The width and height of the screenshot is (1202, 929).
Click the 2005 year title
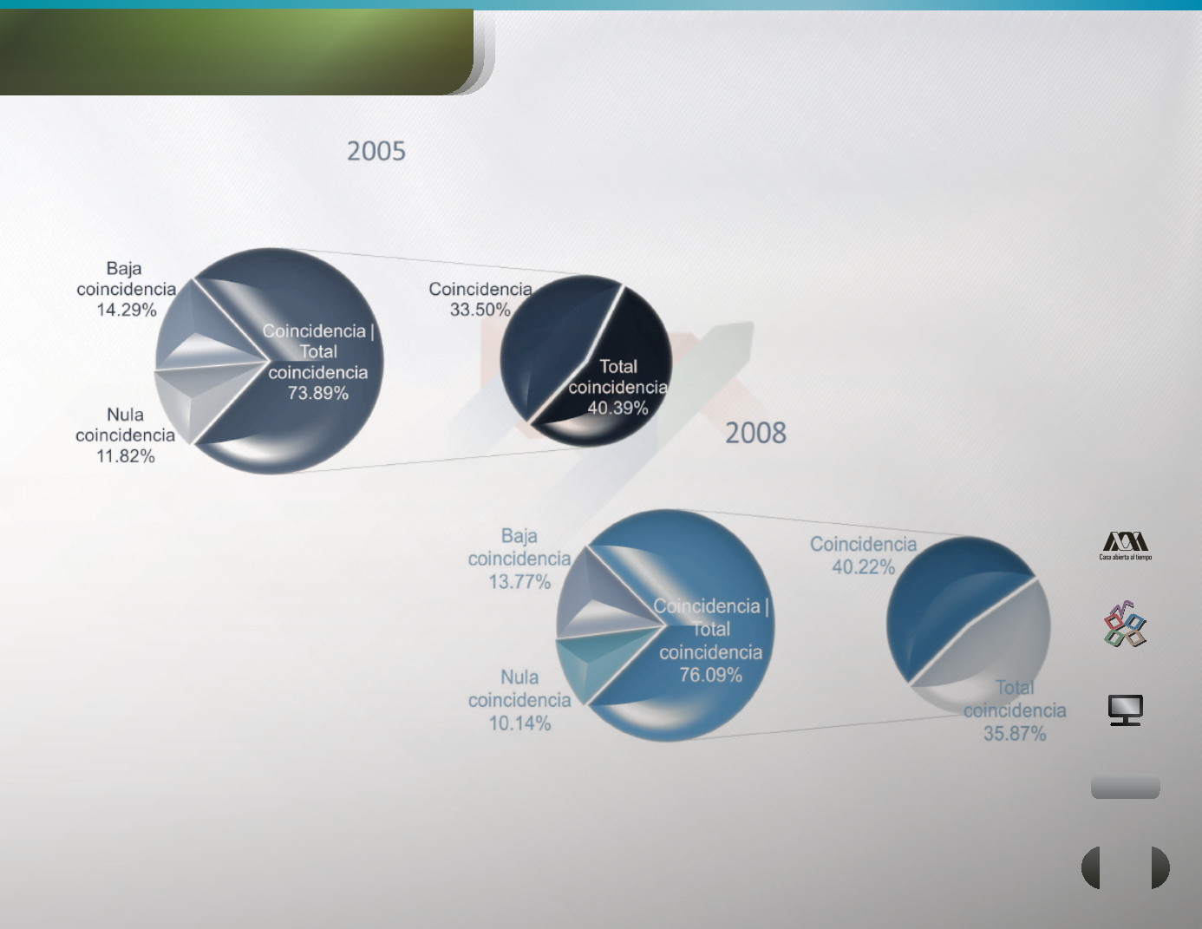(376, 151)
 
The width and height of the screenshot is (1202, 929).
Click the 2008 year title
(755, 433)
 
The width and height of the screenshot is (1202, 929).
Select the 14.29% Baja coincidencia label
(126, 289)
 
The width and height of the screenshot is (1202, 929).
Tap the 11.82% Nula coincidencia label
(126, 435)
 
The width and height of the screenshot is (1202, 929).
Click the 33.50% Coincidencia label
(480, 298)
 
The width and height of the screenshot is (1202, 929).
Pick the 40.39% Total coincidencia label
(617, 387)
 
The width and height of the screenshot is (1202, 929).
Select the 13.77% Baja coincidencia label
(519, 559)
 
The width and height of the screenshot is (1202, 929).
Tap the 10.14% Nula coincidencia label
(519, 700)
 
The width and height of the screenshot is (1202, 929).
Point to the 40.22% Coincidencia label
(864, 555)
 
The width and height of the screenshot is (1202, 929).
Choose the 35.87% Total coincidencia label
(1015, 710)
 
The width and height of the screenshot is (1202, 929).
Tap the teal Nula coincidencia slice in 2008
(600, 661)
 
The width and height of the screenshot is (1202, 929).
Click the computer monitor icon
(1125, 710)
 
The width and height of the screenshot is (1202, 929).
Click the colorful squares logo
(1125, 624)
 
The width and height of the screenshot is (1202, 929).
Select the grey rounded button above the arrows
(1125, 786)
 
